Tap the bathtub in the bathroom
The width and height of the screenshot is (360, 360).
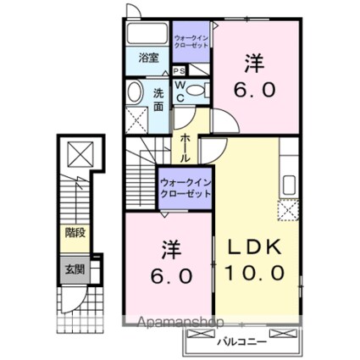[148, 36]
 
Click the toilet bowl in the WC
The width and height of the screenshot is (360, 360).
[195, 92]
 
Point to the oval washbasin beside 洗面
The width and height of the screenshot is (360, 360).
[135, 92]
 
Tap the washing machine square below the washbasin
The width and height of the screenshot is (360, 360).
[136, 117]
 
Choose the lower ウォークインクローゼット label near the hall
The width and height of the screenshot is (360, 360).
[185, 187]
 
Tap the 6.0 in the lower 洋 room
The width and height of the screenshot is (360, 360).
[168, 276]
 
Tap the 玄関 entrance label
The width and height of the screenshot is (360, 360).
[75, 270]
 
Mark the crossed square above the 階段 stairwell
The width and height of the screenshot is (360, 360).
[79, 155]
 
